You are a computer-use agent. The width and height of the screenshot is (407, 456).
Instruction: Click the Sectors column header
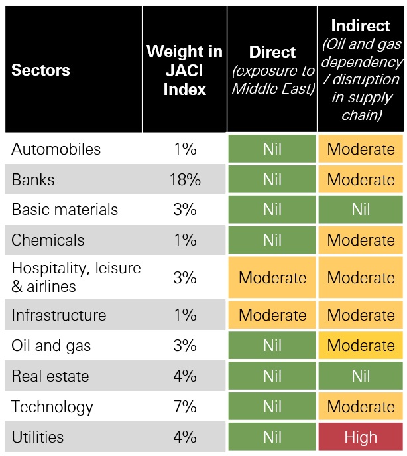[x=40, y=70]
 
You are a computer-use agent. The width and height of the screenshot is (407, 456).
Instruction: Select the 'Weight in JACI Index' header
[x=184, y=70]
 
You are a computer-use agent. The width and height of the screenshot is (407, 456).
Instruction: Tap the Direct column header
[x=272, y=70]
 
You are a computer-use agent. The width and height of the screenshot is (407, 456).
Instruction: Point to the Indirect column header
[x=361, y=70]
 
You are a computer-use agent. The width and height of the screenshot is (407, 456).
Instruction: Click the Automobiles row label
[x=56, y=149]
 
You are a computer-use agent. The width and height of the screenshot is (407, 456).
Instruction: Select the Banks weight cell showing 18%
[x=184, y=180]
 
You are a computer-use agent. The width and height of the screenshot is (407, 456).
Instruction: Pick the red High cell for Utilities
[x=361, y=437]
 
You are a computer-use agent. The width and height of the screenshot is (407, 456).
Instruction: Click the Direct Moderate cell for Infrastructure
[x=272, y=315]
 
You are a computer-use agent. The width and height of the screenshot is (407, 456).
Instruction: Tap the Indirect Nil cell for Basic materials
[x=361, y=210]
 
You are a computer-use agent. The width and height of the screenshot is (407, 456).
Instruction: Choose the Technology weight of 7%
[x=184, y=407]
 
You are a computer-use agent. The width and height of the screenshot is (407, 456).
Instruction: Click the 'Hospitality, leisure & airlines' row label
[x=76, y=277]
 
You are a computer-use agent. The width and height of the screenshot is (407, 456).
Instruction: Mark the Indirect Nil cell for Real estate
[x=361, y=376]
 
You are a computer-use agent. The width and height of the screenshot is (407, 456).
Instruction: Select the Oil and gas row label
[x=51, y=346]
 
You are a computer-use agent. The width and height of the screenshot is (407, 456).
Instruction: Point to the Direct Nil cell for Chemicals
[x=272, y=240]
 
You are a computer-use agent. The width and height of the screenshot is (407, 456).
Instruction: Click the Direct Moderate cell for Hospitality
[x=272, y=277]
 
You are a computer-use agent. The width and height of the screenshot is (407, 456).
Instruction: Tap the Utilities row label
[x=38, y=437]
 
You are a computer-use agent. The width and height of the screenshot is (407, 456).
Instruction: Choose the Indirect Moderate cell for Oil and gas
[x=361, y=346]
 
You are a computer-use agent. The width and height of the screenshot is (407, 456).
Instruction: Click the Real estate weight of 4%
[x=184, y=376]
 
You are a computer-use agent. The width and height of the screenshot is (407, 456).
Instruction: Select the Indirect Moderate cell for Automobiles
[x=361, y=149]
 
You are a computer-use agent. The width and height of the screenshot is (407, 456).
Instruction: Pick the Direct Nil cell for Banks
[x=272, y=180]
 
